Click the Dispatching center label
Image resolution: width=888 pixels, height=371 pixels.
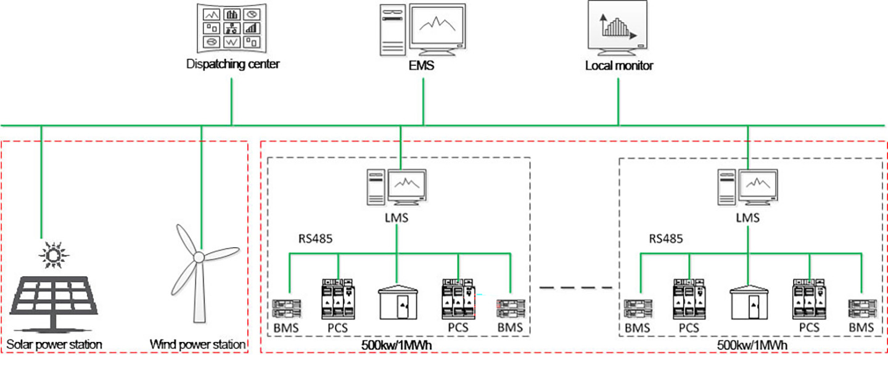pos(232,63)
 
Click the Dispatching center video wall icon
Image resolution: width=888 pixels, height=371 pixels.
pos(232,28)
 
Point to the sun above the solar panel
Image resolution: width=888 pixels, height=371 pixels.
pos(54,254)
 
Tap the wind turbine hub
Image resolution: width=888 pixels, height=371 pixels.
pos(199,257)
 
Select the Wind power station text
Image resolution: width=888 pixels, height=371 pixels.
pos(198,343)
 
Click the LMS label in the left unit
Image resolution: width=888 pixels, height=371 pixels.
pos(396,218)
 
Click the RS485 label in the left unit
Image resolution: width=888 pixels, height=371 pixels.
pos(314,238)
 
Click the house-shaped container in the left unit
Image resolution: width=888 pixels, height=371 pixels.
pos(397,302)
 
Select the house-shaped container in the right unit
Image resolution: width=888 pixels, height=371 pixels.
pos(747,302)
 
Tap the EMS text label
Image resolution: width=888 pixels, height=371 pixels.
pos(423,64)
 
